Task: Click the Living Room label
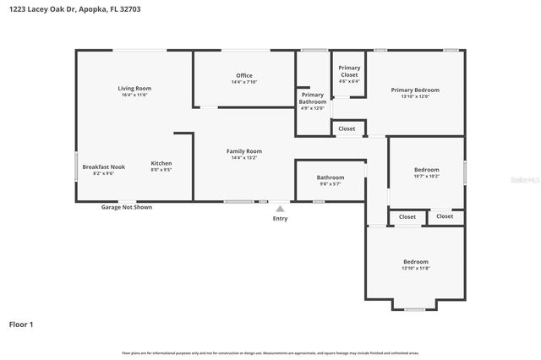(x=134, y=88)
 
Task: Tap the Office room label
(x=243, y=75)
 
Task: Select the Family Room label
(x=243, y=150)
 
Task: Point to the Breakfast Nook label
(x=103, y=166)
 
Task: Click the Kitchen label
(x=161, y=163)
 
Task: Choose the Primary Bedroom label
(x=415, y=90)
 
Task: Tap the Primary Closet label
(x=349, y=71)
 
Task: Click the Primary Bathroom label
(x=312, y=98)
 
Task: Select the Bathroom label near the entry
(x=331, y=177)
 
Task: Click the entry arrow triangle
(x=280, y=207)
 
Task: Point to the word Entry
(x=280, y=218)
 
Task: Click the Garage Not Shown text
(x=127, y=206)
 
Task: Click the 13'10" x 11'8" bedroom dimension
(x=415, y=268)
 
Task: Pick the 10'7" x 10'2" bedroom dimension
(x=426, y=176)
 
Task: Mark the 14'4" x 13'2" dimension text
(x=243, y=157)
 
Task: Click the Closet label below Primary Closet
(x=347, y=128)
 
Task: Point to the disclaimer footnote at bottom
(x=270, y=352)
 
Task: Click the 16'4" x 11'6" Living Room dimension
(x=134, y=95)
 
